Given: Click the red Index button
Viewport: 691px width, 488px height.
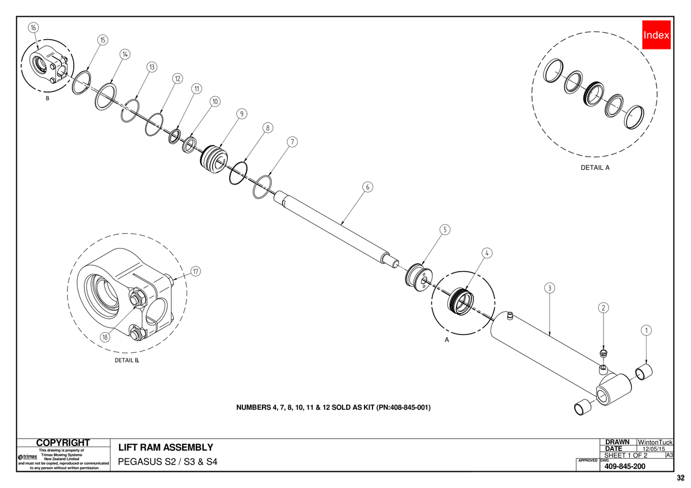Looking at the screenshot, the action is (x=656, y=35).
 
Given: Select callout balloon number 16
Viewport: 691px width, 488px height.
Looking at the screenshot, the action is (x=33, y=28).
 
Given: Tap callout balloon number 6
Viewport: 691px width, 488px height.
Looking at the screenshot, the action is (x=367, y=187).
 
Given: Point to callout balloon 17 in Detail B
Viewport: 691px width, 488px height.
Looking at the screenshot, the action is (x=196, y=271).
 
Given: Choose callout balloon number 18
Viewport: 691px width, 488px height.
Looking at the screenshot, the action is (x=105, y=337).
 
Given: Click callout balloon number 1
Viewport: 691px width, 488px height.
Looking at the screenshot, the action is (x=646, y=330).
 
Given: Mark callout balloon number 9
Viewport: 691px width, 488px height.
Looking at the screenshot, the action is (x=241, y=114).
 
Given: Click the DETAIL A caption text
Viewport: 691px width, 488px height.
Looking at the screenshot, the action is (x=595, y=167).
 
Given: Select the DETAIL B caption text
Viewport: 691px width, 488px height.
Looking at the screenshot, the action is (x=127, y=360).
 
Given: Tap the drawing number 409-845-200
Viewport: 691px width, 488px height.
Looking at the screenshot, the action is (x=625, y=467).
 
